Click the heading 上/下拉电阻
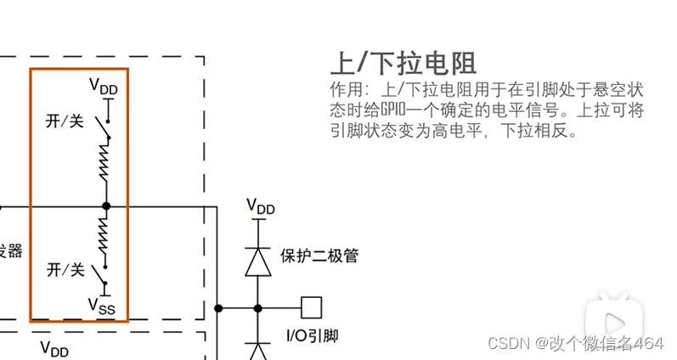click(x=403, y=64)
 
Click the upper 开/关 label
click(x=65, y=121)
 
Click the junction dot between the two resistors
click(x=106, y=205)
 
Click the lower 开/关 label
click(x=65, y=270)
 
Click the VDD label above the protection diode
click(x=260, y=206)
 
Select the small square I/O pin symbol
click(x=312, y=307)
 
